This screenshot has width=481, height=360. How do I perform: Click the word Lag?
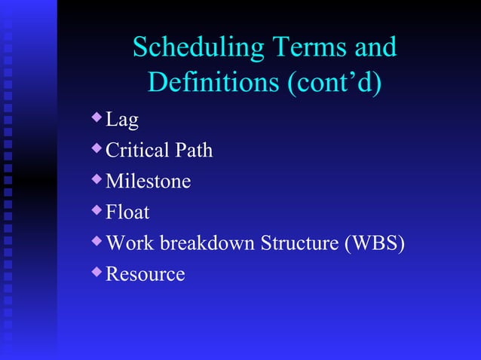[x=121, y=121]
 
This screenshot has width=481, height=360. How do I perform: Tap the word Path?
[x=195, y=151]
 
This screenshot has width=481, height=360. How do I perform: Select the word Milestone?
[x=148, y=182]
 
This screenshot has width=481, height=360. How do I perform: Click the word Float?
[x=127, y=213]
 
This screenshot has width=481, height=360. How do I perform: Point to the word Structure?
[x=299, y=244]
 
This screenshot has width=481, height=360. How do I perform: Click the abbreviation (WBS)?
[x=374, y=244]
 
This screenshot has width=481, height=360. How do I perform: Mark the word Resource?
[x=145, y=274]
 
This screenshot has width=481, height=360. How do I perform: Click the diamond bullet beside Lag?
[x=95, y=117]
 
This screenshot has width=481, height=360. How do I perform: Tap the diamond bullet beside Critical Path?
[x=95, y=148]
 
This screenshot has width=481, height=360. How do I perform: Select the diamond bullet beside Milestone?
[x=95, y=179]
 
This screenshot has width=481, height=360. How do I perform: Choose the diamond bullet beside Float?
[x=95, y=210]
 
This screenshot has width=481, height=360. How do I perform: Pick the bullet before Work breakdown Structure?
[x=95, y=241]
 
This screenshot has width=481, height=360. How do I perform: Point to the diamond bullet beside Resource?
[x=95, y=272]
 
